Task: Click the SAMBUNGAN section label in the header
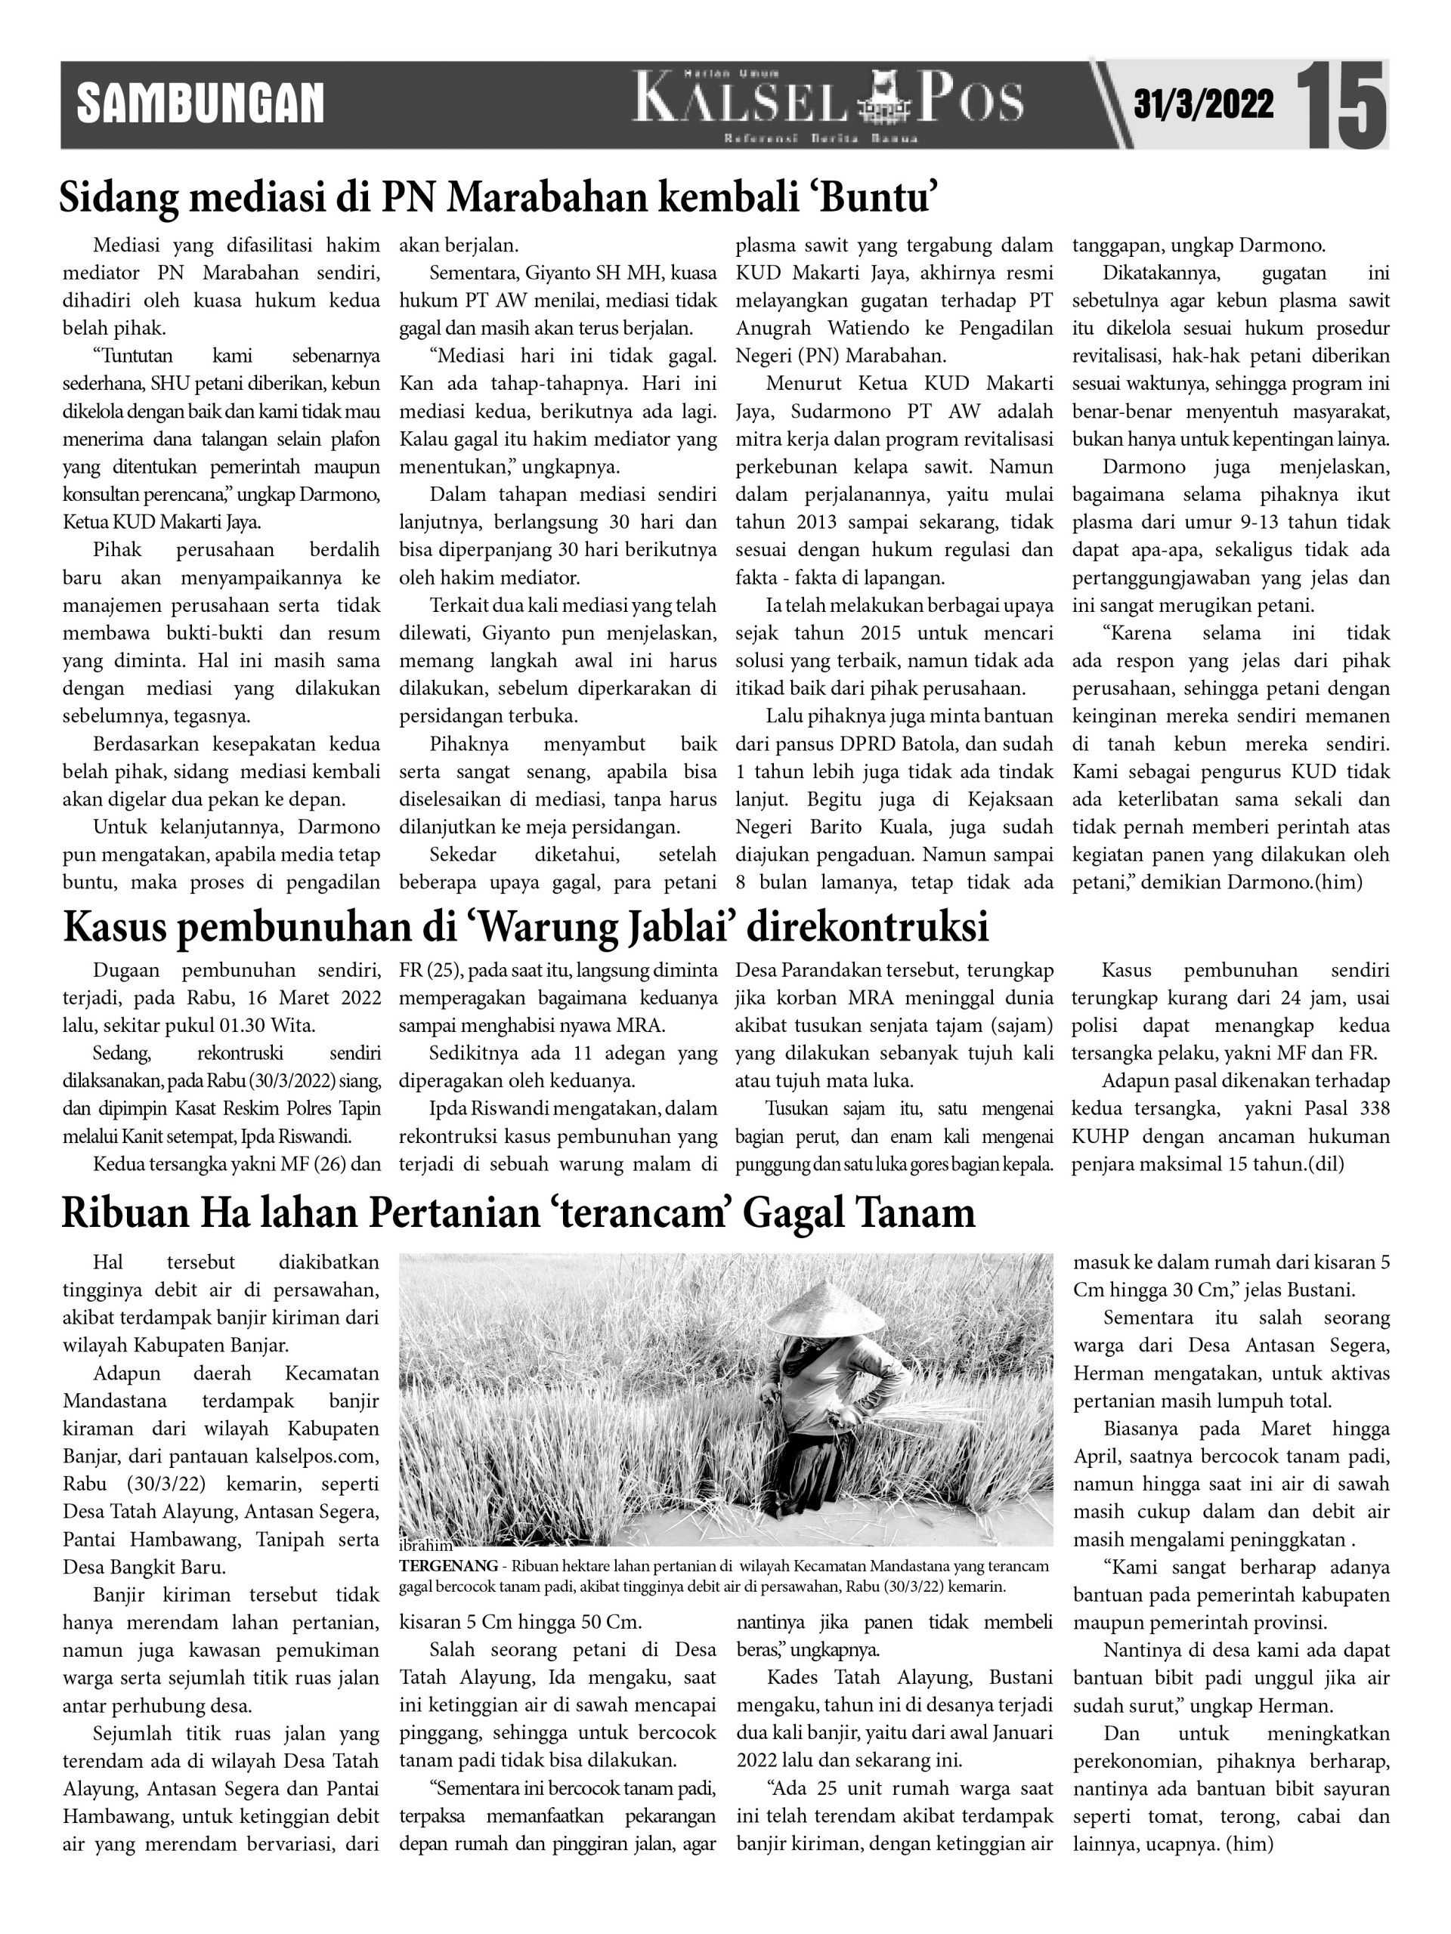pos(200,103)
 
